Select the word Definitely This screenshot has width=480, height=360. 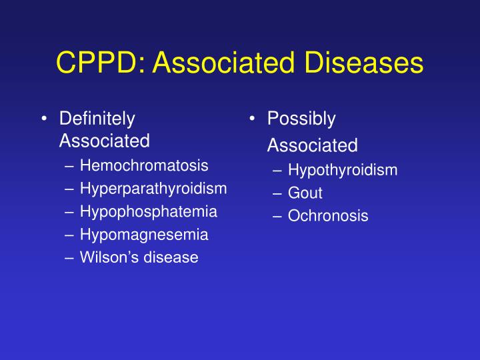[x=97, y=119]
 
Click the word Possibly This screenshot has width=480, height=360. [x=301, y=119]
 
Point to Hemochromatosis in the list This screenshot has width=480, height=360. [x=144, y=165]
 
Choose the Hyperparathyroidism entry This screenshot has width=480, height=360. [x=153, y=189]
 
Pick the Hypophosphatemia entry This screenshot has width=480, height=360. [x=149, y=211]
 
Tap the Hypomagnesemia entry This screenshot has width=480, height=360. [x=144, y=235]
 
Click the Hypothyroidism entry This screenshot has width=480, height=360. [x=343, y=170]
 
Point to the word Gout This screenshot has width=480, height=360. [x=305, y=193]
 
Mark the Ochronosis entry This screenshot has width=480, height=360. [x=328, y=216]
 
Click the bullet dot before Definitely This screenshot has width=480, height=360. [x=43, y=120]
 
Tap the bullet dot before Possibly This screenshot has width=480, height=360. [x=252, y=120]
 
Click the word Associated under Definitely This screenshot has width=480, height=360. [x=105, y=141]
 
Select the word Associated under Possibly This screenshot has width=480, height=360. [x=313, y=145]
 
